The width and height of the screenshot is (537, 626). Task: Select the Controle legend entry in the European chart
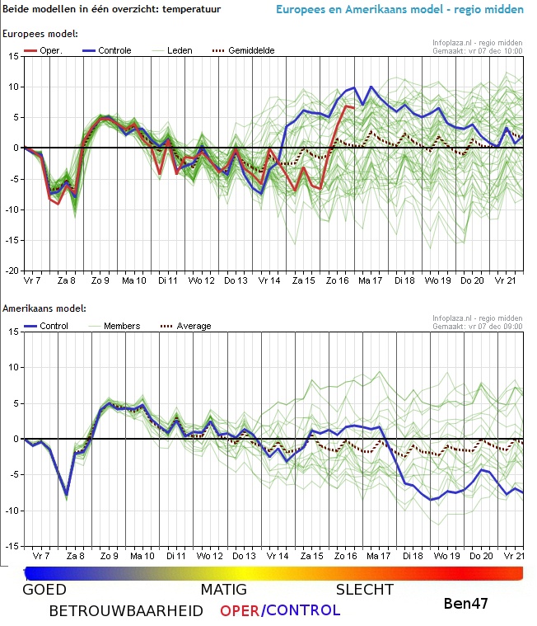[x=114, y=50]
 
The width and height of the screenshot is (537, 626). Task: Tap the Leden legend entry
[x=180, y=50]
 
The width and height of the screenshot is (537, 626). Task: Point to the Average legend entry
[x=194, y=326]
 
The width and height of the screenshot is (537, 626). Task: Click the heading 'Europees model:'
[x=41, y=34]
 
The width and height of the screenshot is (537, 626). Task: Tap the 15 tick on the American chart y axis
[x=14, y=332]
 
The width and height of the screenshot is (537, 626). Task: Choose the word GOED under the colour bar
[x=44, y=590]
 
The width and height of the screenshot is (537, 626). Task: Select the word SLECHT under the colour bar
[x=364, y=590]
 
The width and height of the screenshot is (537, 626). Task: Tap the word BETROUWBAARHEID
[x=126, y=611]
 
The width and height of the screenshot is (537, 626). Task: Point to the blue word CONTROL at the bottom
[x=303, y=611]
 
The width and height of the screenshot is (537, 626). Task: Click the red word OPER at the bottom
[x=240, y=611]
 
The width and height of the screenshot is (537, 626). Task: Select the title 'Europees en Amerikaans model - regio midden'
[x=399, y=10]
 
